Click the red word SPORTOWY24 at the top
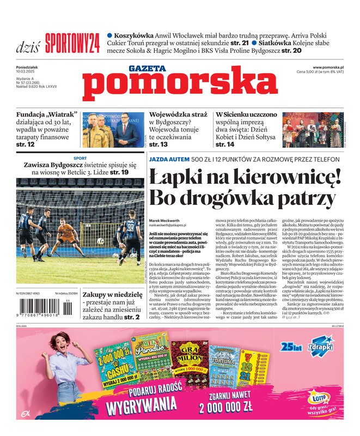tap(72, 42)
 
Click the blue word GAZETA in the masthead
tap(147, 68)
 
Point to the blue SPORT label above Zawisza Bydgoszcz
tap(80, 158)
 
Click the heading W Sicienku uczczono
tap(246, 115)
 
